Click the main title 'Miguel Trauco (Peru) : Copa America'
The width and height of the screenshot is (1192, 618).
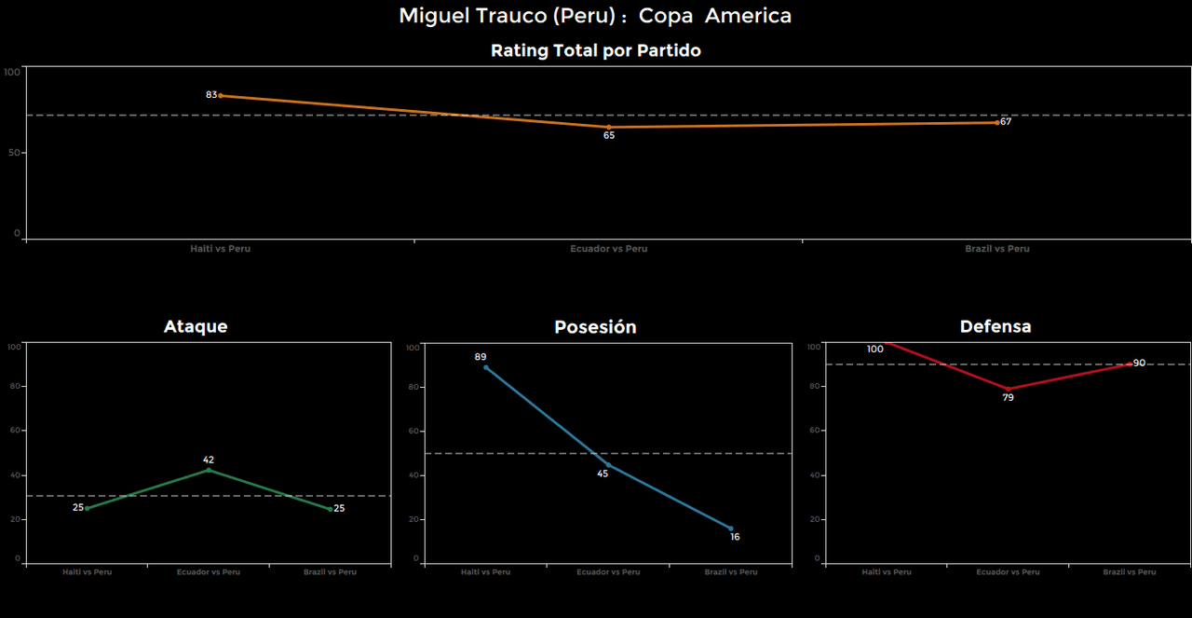pos(595,16)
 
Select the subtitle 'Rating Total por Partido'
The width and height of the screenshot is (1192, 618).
pos(595,51)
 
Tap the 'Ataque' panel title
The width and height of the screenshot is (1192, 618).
pos(196,326)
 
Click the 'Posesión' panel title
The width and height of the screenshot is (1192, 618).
pos(595,327)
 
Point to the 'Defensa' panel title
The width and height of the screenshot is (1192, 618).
pos(996,326)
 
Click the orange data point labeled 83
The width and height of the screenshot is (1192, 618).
pos(221,95)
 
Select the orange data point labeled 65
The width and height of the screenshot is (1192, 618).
pos(609,127)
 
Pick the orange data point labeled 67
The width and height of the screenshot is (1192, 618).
pos(997,122)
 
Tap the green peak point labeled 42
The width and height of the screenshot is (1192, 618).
pos(209,470)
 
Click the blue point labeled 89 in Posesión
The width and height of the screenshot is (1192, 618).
pos(485,367)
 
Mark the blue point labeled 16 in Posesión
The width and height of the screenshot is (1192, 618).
pos(731,529)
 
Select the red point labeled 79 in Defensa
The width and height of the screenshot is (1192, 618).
pos(1009,389)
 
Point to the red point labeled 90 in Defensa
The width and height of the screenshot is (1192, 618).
pos(1131,364)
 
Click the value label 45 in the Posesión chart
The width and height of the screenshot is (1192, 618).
pos(603,474)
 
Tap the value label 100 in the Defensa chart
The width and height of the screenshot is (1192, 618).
pos(874,350)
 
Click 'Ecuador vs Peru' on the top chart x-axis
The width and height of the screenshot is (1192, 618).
pos(609,249)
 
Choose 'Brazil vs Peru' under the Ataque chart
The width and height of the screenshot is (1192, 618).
pos(330,572)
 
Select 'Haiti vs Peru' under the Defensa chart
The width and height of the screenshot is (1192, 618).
pos(887,572)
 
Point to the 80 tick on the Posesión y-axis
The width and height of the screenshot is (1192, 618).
pos(413,387)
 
